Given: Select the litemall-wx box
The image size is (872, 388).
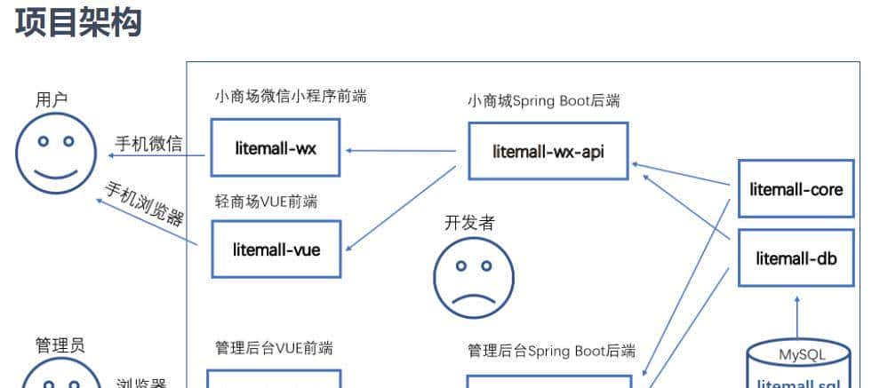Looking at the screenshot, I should [276, 148].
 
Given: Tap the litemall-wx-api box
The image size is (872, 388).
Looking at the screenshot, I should [548, 150].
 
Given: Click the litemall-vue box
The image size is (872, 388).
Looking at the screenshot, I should [276, 249].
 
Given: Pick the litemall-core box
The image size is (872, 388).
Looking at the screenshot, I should [796, 189].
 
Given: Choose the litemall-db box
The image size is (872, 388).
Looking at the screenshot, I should [796, 258].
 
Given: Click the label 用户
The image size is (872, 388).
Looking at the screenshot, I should [52, 99].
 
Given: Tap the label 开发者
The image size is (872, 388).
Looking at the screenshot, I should [469, 222].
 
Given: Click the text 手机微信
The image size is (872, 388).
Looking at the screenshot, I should [149, 143].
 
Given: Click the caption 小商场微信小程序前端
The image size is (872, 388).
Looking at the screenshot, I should [291, 96].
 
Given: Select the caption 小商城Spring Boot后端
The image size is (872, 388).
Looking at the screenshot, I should [543, 100].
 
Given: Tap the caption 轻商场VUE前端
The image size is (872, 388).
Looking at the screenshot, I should [266, 202].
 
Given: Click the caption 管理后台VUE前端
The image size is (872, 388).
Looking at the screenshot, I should [274, 347].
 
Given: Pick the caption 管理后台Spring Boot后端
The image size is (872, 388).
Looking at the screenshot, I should [551, 351].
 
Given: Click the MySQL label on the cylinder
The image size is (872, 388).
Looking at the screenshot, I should [802, 355].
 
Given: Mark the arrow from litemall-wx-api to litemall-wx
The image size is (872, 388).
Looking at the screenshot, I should [400, 150].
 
